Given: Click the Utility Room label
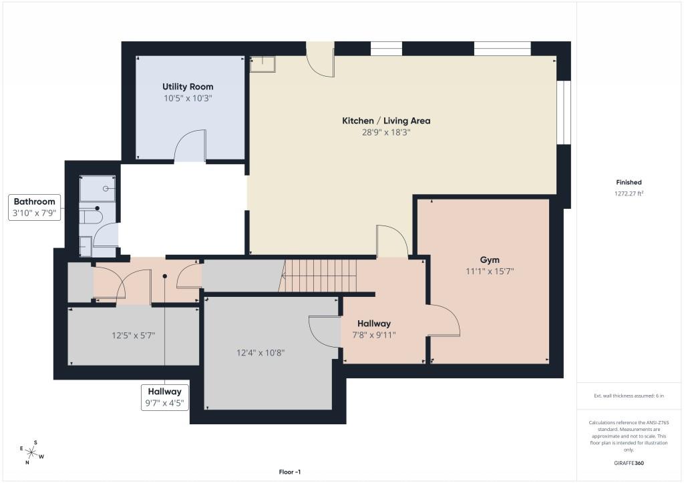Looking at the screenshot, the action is (x=188, y=87).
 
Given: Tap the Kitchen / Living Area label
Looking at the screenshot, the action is (x=386, y=121).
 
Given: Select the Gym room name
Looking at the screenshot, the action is (x=490, y=260).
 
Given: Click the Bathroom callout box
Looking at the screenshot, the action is (x=35, y=207).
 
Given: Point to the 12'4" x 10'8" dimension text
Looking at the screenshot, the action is (x=261, y=353).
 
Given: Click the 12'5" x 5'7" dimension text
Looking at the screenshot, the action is (x=134, y=336).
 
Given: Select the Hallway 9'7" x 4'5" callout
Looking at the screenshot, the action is (x=164, y=397).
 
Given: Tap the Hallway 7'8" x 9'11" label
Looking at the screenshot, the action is (x=374, y=329).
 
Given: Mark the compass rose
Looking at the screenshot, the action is (x=31, y=453).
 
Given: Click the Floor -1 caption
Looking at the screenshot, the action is (x=290, y=472).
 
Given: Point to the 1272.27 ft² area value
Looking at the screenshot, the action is (x=629, y=194).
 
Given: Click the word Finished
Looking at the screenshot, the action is (x=629, y=183).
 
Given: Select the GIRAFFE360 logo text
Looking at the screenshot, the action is (x=629, y=463).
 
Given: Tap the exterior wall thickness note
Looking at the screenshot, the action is (x=629, y=396).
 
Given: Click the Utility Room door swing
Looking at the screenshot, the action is (x=190, y=146).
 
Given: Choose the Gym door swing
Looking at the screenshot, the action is (x=444, y=320).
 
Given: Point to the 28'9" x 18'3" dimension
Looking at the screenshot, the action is (x=386, y=132).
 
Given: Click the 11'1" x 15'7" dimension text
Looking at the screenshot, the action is (x=490, y=272).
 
